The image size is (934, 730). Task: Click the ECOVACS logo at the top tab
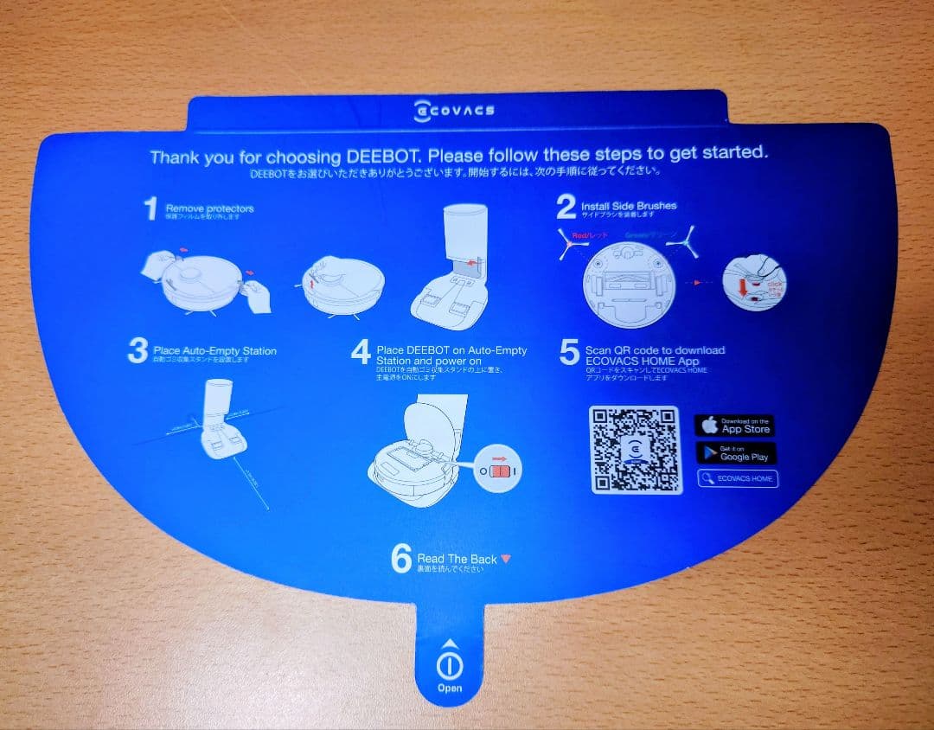pos(455,111)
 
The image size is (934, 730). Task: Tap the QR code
pos(635,449)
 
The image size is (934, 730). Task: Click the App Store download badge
pos(734,426)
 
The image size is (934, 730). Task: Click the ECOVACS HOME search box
pos(738,478)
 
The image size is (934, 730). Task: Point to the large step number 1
pos(150,209)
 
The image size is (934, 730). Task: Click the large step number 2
pos(566,208)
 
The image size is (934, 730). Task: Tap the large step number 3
pos(137,351)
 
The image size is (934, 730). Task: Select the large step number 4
pos(361,351)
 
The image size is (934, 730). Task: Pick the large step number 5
pos(568,352)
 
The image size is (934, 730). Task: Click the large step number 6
pos(400,559)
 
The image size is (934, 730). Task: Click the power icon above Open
pos(450,664)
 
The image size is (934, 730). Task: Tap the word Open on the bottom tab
pos(450,688)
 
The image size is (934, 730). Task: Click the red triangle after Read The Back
pos(506,559)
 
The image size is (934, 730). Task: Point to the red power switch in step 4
pos(500,472)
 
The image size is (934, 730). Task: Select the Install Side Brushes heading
pos(629,206)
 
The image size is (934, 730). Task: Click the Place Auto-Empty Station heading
pos(214,351)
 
